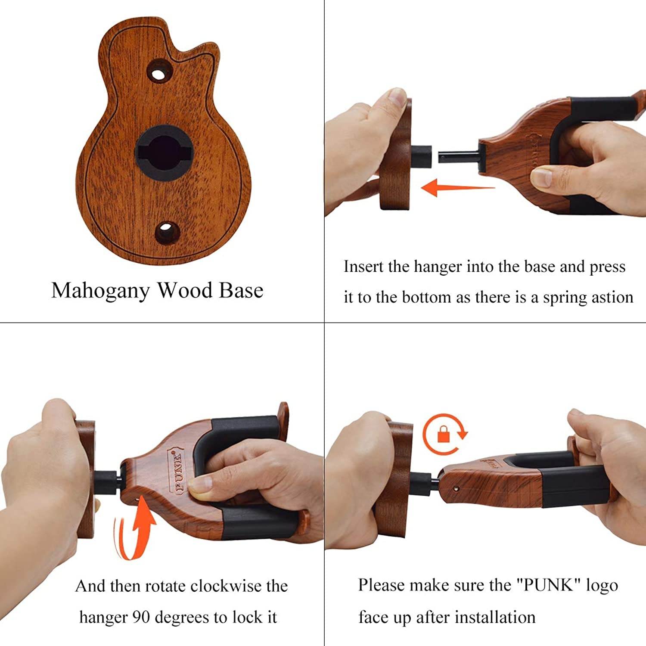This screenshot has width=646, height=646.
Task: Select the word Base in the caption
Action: tap(241, 290)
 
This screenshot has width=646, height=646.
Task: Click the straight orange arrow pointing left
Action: tap(457, 188)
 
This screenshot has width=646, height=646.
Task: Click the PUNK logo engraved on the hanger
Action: tap(178, 469)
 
